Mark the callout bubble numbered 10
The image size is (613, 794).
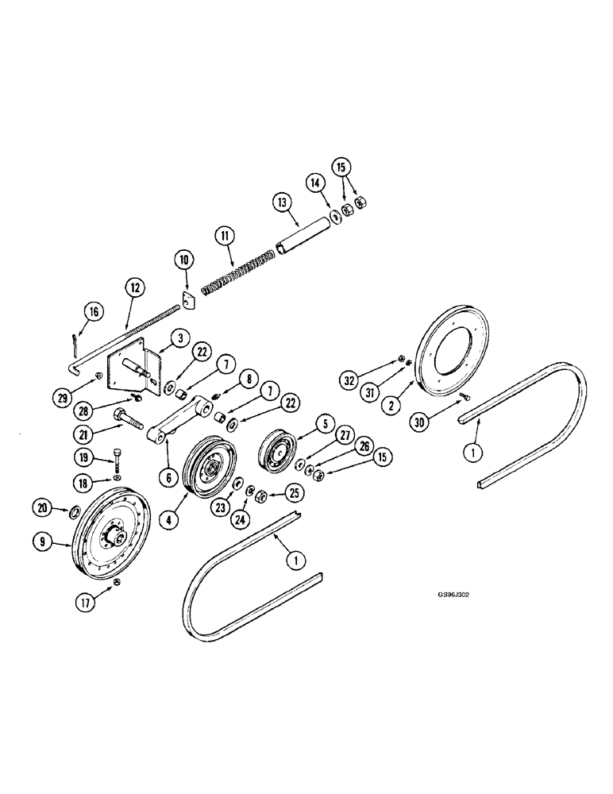coord(185,260)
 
